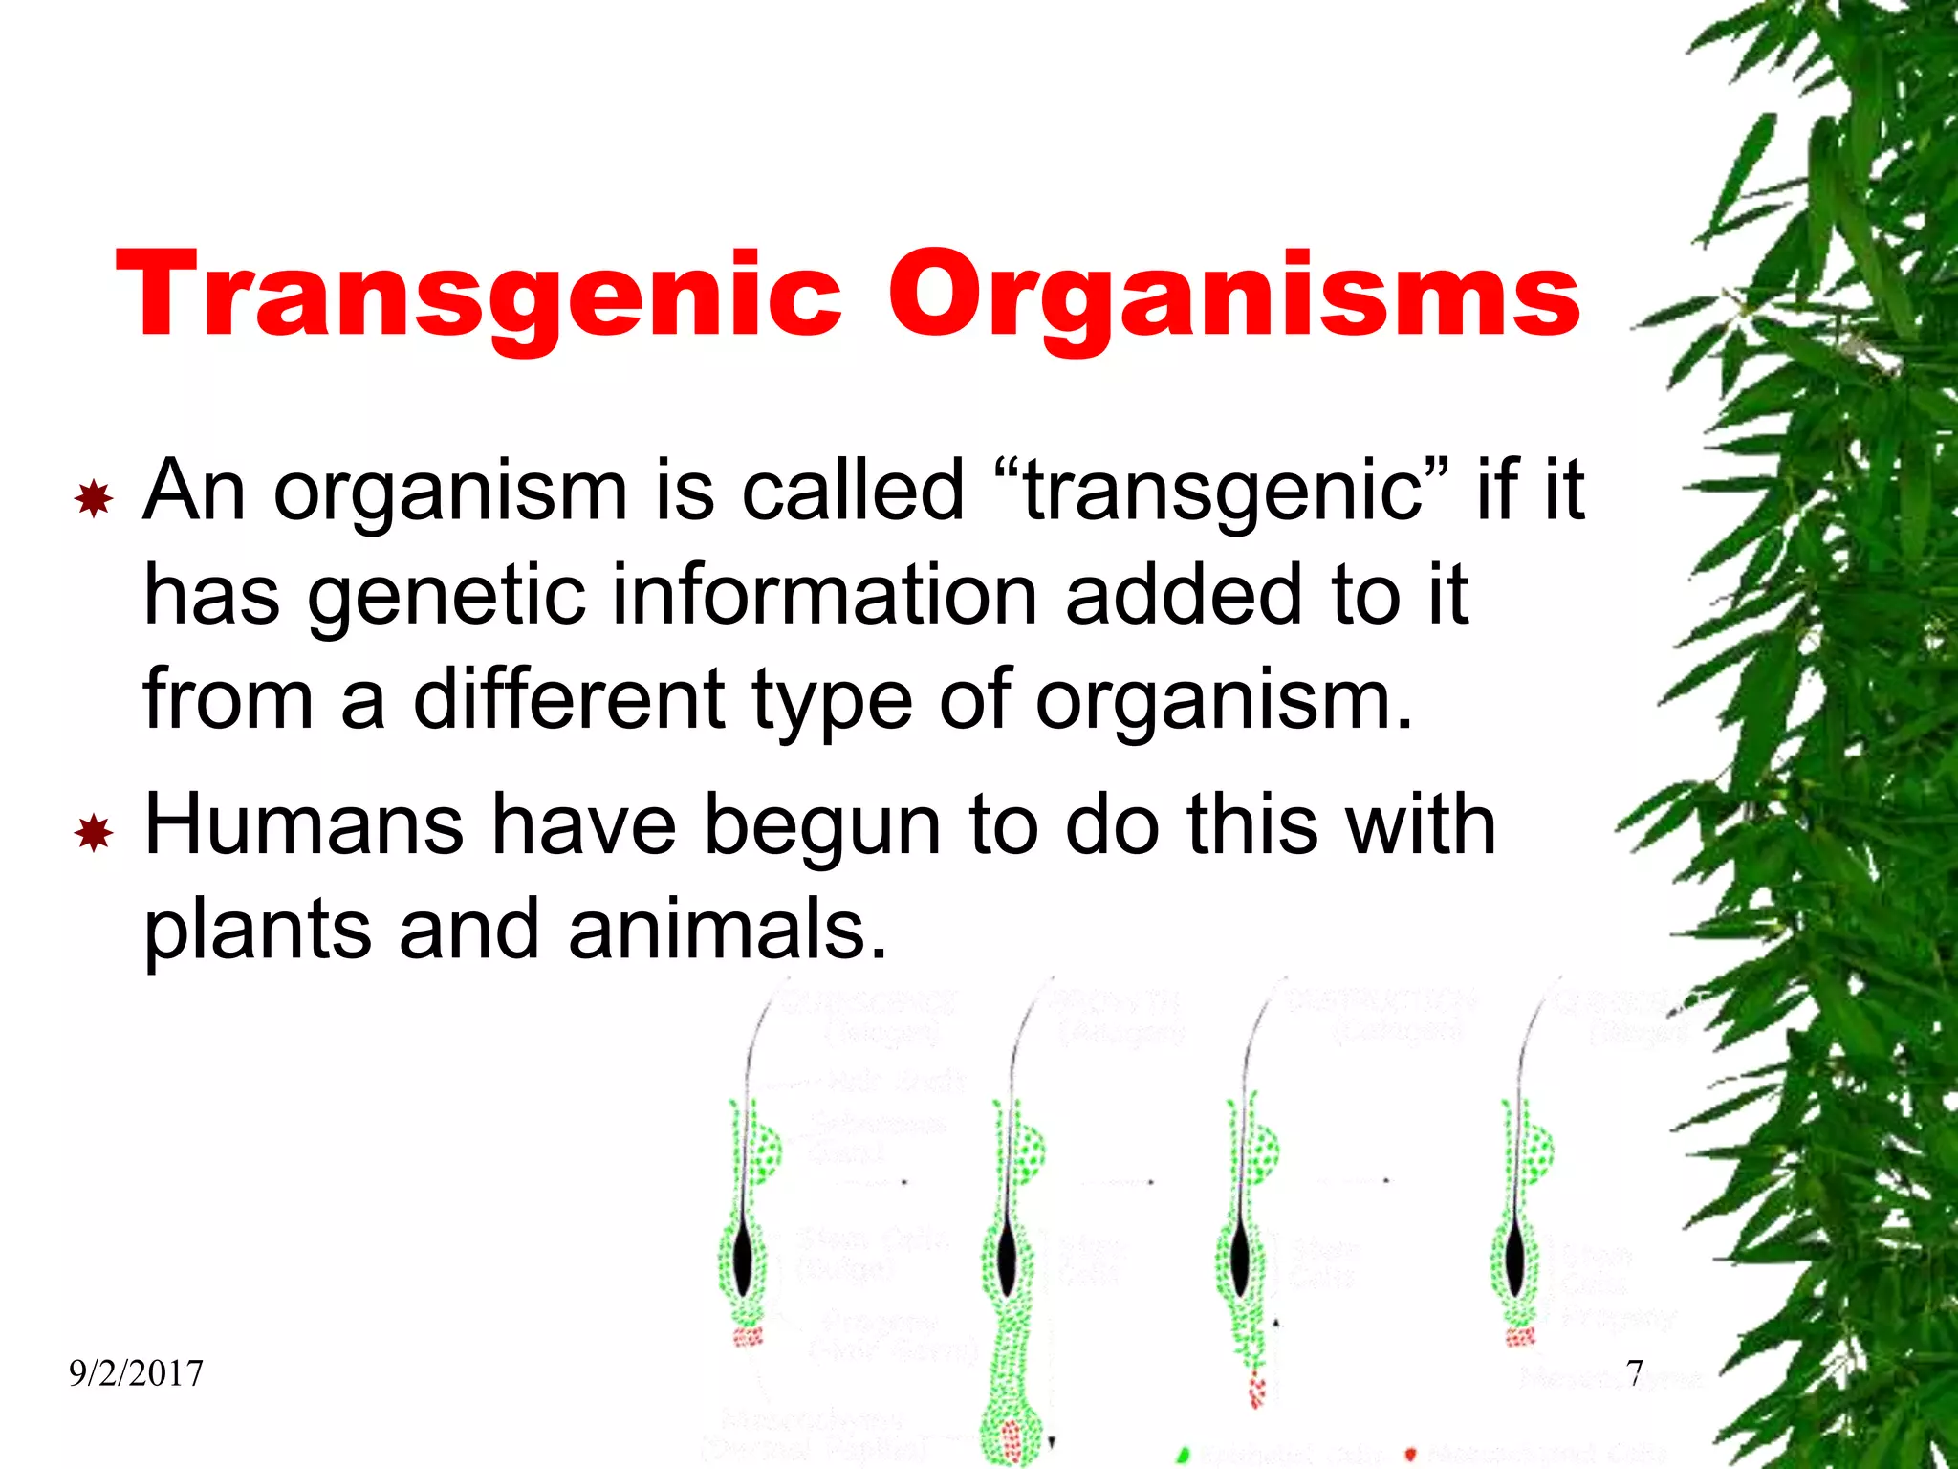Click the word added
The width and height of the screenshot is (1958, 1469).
[1184, 595]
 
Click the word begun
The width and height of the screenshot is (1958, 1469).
[823, 828]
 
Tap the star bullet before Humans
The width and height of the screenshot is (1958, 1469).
[94, 834]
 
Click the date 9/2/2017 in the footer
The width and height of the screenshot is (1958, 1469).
[136, 1373]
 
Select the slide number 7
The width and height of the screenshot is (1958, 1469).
[1635, 1373]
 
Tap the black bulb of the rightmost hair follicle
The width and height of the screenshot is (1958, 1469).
[1516, 1261]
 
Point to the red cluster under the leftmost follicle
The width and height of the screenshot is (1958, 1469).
[747, 1335]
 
